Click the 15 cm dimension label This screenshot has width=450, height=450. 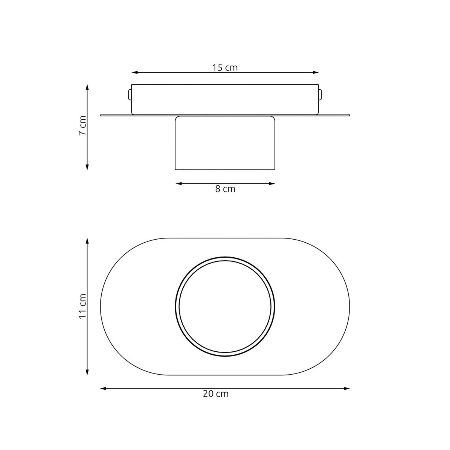(x=225, y=67)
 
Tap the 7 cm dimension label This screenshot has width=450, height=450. (x=83, y=126)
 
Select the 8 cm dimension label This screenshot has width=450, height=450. (x=225, y=189)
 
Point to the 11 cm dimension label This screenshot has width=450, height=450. (x=83, y=306)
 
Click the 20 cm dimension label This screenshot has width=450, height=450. (x=216, y=394)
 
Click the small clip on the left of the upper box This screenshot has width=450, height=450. (x=130, y=94)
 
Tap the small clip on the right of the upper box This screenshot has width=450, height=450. (x=320, y=94)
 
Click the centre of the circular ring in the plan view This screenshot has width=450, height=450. (x=225, y=306)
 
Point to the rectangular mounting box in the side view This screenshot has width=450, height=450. (x=225, y=99)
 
